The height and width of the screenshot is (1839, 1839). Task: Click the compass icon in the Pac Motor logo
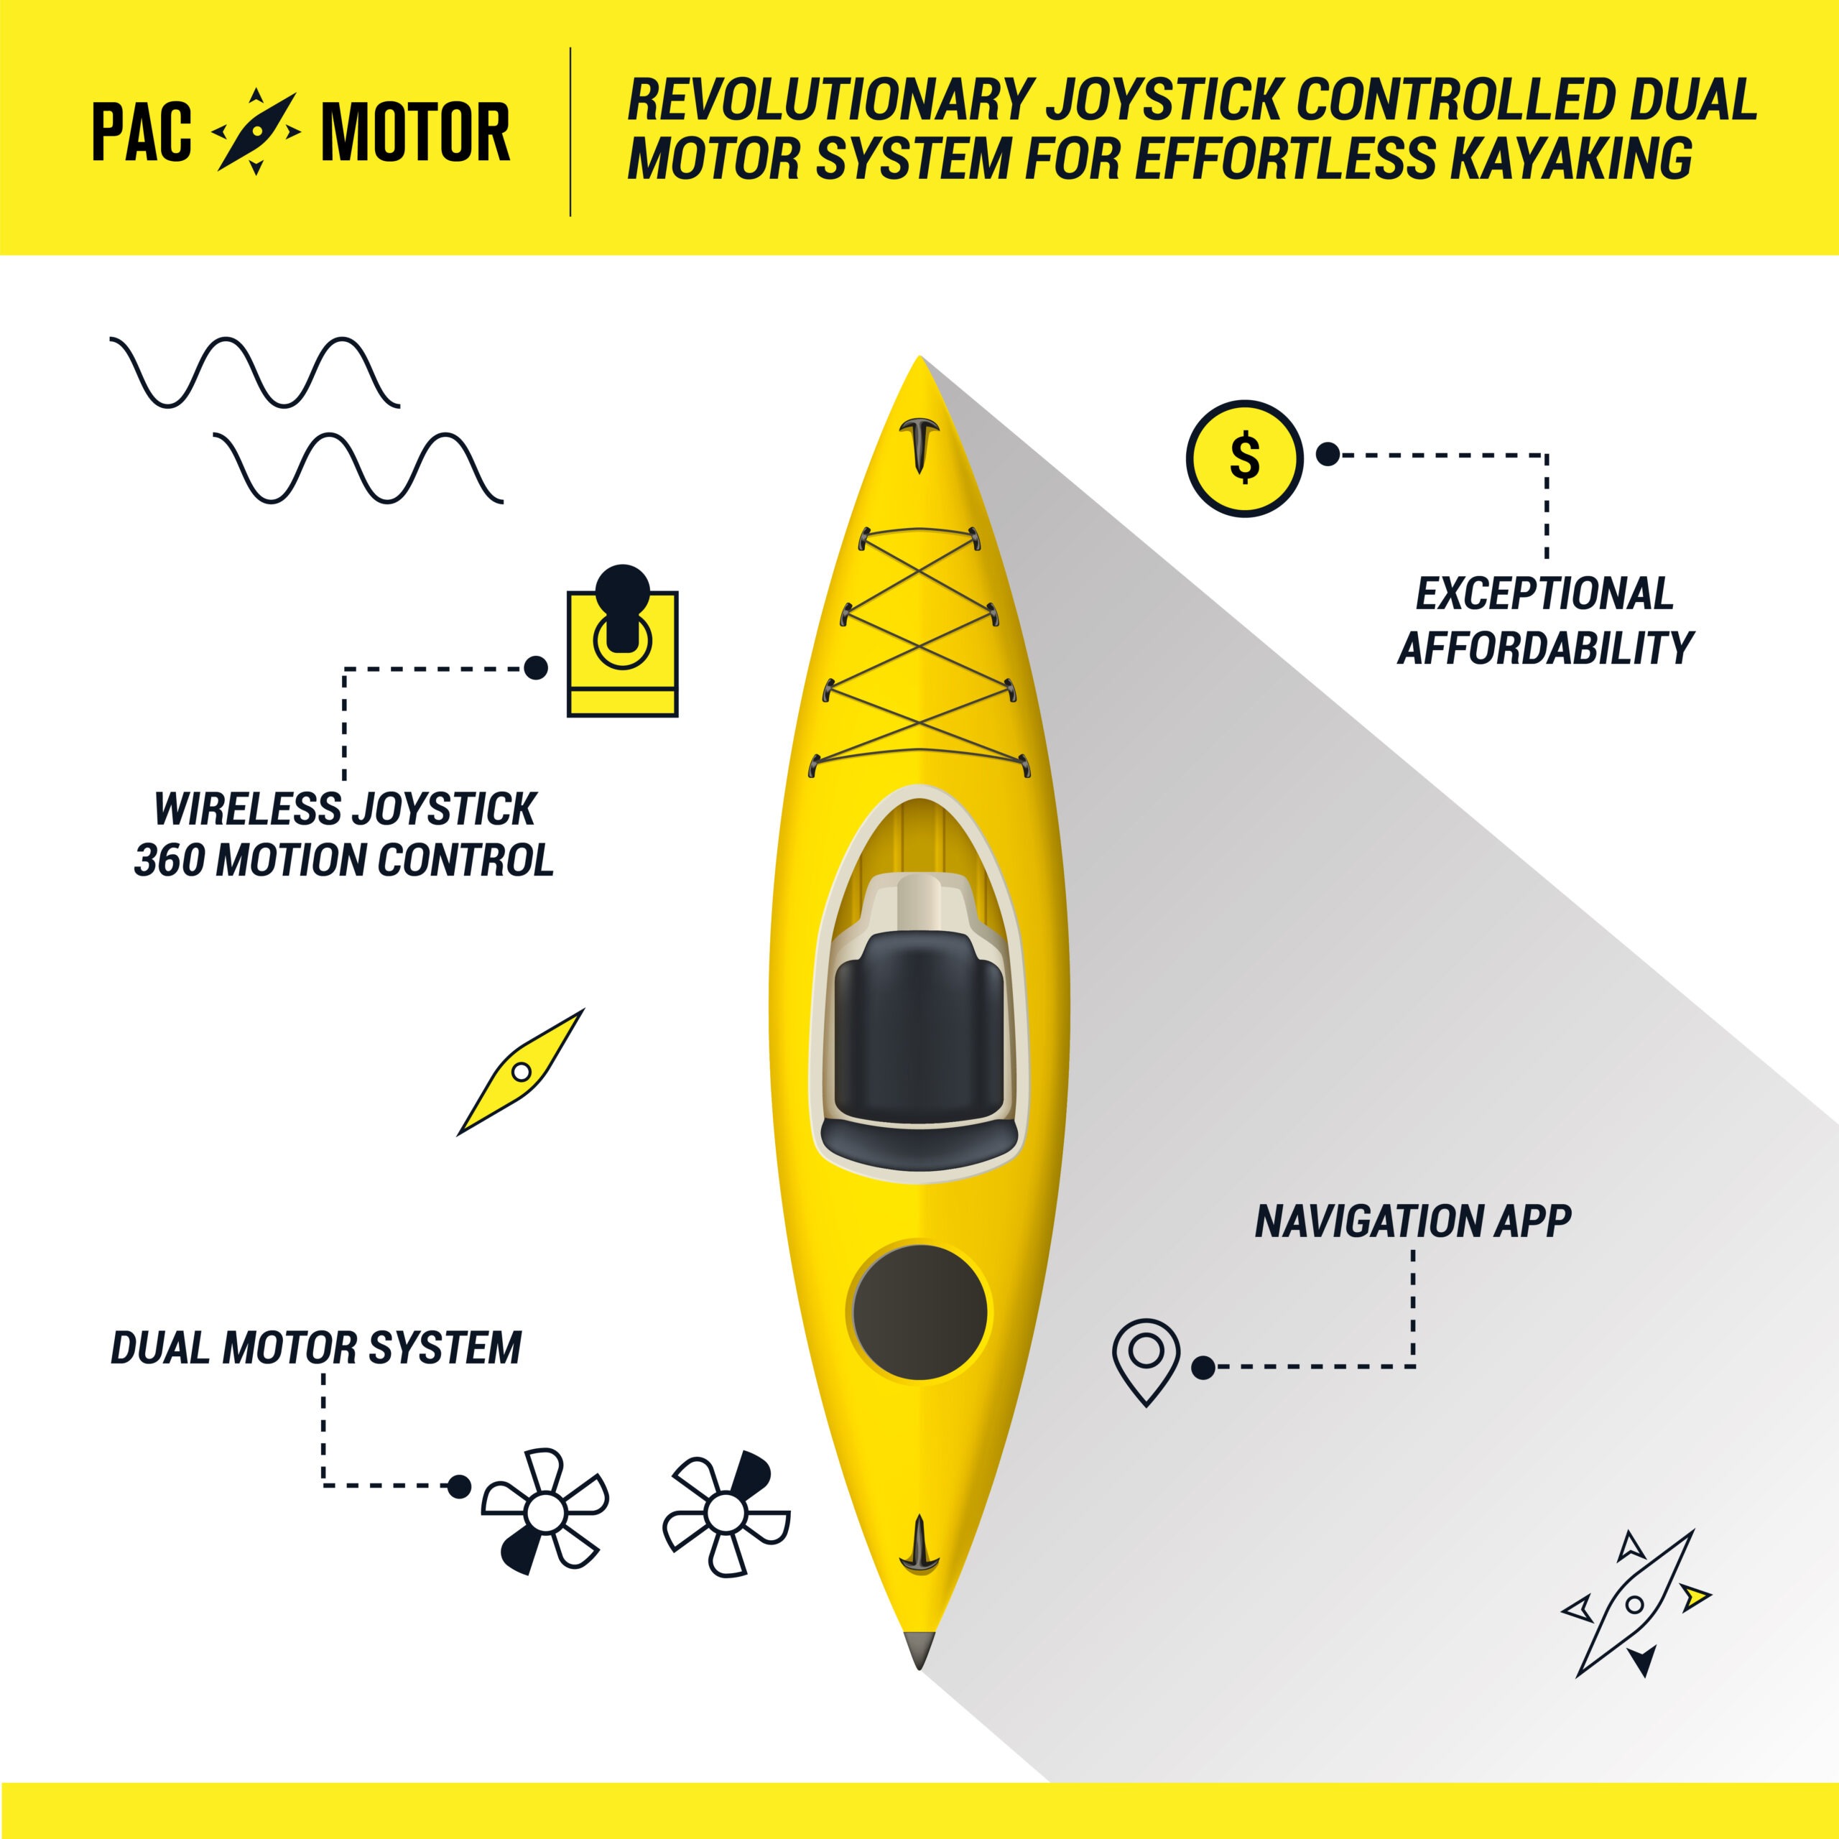[256, 131]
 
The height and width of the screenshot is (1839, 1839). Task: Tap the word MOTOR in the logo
[416, 131]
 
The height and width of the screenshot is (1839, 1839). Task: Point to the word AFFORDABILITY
[1545, 648]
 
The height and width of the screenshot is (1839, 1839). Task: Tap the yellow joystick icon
[623, 639]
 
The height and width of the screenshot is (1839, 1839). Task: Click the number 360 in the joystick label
[170, 861]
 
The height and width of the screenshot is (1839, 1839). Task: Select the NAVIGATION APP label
[1412, 1221]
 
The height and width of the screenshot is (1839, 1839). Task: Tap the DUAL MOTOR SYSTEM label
[316, 1348]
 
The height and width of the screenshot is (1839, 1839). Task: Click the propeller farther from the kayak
[545, 1511]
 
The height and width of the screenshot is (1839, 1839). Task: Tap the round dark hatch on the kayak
[919, 1312]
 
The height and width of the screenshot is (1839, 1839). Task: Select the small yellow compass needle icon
[521, 1072]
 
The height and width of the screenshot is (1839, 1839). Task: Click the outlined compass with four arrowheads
[1635, 1605]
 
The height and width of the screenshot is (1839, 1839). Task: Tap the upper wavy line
[255, 372]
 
